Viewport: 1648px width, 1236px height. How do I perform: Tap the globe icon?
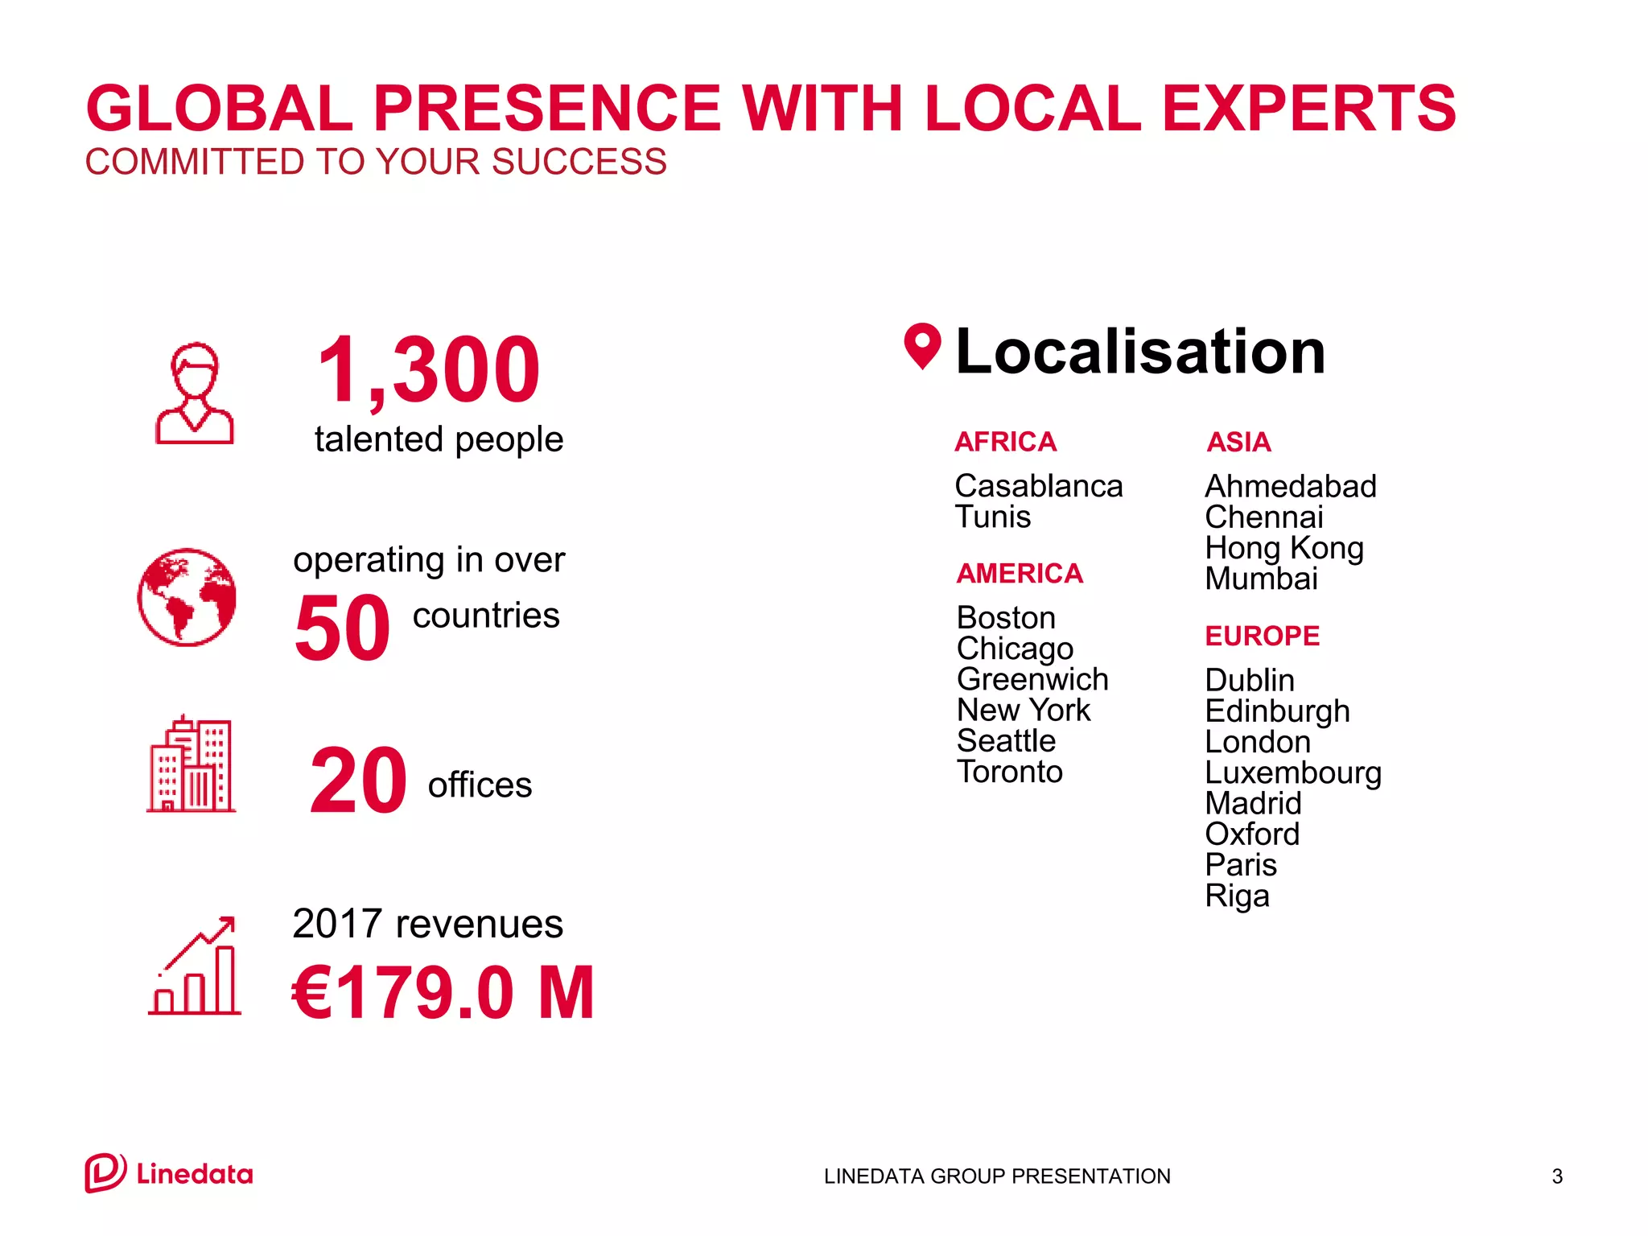(x=187, y=597)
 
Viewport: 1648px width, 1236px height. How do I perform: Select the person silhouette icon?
(x=195, y=393)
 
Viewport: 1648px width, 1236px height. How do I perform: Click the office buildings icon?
(x=192, y=764)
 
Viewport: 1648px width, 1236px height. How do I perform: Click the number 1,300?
(x=428, y=370)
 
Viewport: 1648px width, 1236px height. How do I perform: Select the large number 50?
(x=342, y=628)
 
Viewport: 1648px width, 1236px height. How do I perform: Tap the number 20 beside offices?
(x=358, y=781)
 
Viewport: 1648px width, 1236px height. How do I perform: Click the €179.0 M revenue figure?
(x=443, y=993)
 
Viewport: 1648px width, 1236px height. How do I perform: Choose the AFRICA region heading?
(x=1005, y=442)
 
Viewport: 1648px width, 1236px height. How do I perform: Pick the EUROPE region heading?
(x=1262, y=636)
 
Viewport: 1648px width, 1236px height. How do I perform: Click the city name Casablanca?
(x=1038, y=486)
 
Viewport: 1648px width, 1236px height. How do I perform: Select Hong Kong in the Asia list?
(x=1284, y=548)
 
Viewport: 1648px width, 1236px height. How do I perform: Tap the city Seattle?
(x=1006, y=740)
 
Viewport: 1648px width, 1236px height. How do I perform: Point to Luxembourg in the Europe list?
(x=1293, y=772)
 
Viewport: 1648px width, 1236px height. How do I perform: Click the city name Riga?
(x=1237, y=896)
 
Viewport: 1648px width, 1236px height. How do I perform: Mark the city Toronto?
(x=1010, y=772)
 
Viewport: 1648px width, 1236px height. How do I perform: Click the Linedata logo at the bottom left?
(x=169, y=1173)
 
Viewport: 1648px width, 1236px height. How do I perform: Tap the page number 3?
(x=1557, y=1176)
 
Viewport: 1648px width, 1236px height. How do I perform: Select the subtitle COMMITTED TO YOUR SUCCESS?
(x=376, y=162)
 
